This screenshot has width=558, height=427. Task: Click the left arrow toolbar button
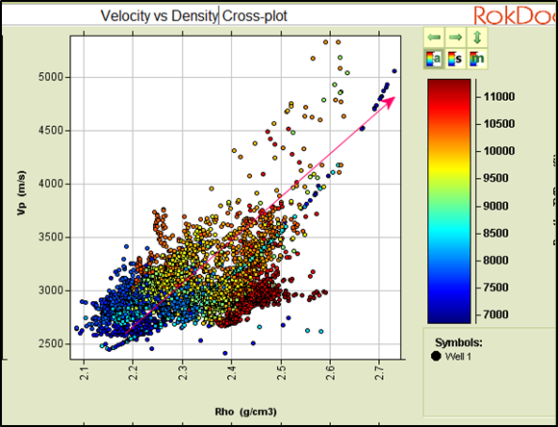[434, 37]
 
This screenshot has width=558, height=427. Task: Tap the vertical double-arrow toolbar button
[479, 37]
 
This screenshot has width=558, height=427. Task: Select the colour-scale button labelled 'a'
[434, 59]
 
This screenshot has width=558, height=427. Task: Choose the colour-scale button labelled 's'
[457, 59]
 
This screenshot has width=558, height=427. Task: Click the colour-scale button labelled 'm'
[479, 59]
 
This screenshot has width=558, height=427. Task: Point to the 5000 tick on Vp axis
[51, 77]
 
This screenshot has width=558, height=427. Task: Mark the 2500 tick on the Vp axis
[51, 343]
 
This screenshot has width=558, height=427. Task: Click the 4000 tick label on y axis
[51, 184]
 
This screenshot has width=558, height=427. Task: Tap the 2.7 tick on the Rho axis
[379, 370]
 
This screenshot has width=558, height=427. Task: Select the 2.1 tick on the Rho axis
[84, 370]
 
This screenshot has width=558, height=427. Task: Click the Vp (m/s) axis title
[15, 200]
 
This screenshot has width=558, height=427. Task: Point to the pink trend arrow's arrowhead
[390, 100]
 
